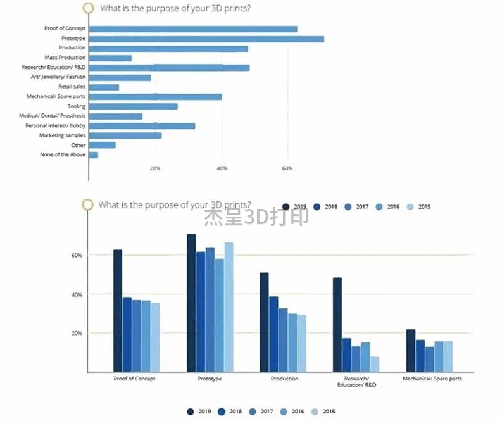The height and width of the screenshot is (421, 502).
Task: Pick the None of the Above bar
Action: point(94,154)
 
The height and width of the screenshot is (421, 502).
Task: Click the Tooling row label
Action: point(76,106)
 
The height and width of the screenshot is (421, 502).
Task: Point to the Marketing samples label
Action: point(62,135)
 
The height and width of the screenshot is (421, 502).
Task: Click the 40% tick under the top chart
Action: point(221,168)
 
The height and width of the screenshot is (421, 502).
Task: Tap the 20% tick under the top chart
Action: point(155,168)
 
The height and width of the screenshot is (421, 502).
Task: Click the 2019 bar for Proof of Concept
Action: point(118,310)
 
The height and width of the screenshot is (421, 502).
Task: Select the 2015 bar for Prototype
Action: point(229,306)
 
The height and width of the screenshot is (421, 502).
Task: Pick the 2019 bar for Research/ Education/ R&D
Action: point(337,324)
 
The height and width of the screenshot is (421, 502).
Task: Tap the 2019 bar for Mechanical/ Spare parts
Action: point(411,350)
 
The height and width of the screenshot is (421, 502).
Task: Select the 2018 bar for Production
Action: point(273,334)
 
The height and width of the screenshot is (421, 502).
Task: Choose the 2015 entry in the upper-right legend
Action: point(417,206)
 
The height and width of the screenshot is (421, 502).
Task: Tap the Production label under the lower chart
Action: point(284,379)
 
